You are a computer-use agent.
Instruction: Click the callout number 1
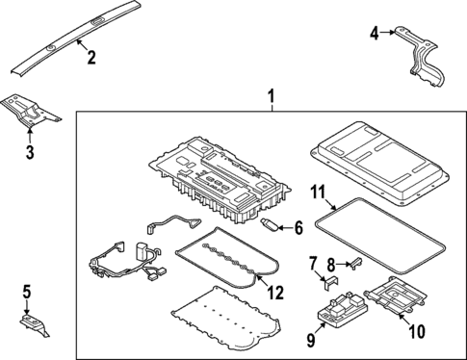[x=272, y=96]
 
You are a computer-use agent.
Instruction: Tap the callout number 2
[x=91, y=58]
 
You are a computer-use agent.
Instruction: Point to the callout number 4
[x=375, y=34]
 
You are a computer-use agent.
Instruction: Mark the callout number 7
[x=314, y=262]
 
